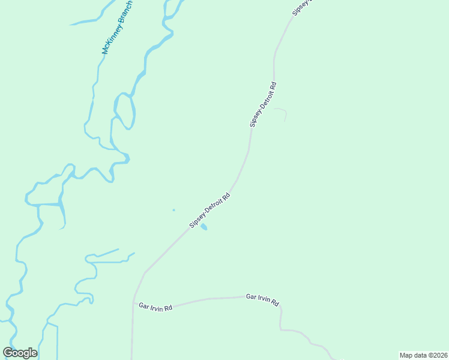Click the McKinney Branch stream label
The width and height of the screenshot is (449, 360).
[118, 27]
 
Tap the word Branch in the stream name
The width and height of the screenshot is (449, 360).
[125, 13]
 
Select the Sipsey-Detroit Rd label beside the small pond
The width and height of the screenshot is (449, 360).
[210, 210]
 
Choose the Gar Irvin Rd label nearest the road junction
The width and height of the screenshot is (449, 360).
[155, 307]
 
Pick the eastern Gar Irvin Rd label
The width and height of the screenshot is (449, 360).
[262, 299]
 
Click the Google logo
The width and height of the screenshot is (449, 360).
[20, 353]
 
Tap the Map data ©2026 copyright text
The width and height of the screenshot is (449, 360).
[423, 355]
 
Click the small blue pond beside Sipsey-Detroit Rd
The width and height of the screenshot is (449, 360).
[204, 227]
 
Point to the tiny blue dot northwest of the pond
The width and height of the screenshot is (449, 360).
[174, 210]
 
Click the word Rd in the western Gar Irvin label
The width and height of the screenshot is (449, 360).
[168, 308]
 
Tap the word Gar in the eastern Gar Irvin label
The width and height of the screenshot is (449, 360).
[250, 297]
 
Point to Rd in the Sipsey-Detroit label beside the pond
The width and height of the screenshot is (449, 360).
[226, 196]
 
